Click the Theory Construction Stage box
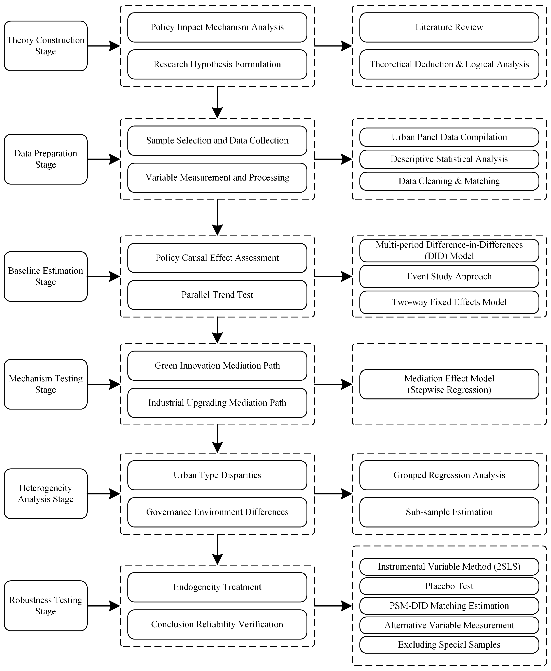tap(46, 46)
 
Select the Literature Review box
tap(449, 27)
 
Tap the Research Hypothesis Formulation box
tap(217, 64)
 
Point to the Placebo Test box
tap(449, 586)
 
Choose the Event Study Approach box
tap(449, 276)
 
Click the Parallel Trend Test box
tap(217, 295)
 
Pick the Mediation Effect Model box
tap(449, 384)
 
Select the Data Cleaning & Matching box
tap(449, 181)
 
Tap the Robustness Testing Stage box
tap(46, 605)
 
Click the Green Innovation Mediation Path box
tap(217, 366)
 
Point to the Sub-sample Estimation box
tap(449, 512)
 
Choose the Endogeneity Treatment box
tap(217, 587)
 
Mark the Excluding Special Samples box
tap(449, 645)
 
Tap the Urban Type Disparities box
tap(217, 475)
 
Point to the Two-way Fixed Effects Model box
tap(449, 302)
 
